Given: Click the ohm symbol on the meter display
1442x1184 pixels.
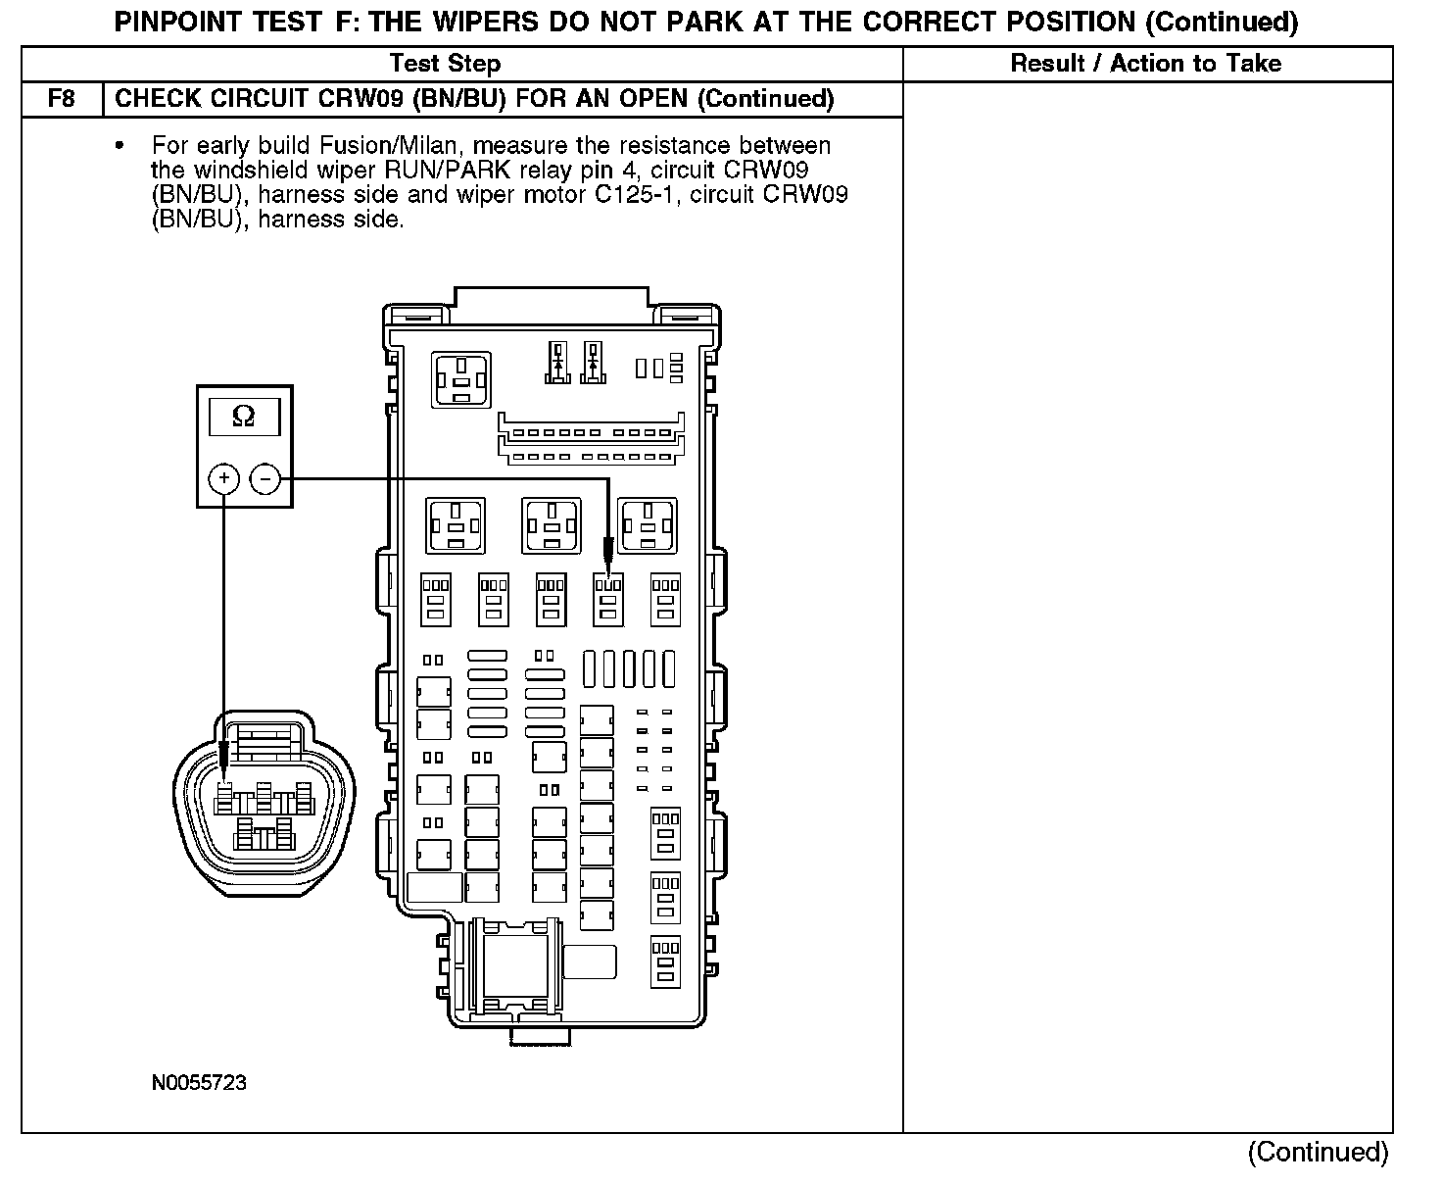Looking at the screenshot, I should [244, 417].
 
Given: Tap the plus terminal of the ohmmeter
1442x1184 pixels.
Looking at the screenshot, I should [224, 478].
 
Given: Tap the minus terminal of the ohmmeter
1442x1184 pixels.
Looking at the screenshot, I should [264, 478].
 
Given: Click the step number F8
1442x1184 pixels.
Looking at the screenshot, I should [62, 99].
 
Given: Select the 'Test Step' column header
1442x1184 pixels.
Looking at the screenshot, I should [445, 64].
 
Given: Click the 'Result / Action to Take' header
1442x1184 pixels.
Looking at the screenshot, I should [1145, 64].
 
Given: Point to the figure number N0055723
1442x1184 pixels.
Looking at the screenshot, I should [199, 1083].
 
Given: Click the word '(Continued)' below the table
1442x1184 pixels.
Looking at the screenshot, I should [1318, 1152].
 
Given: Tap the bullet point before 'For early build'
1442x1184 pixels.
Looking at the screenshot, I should [120, 146].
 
